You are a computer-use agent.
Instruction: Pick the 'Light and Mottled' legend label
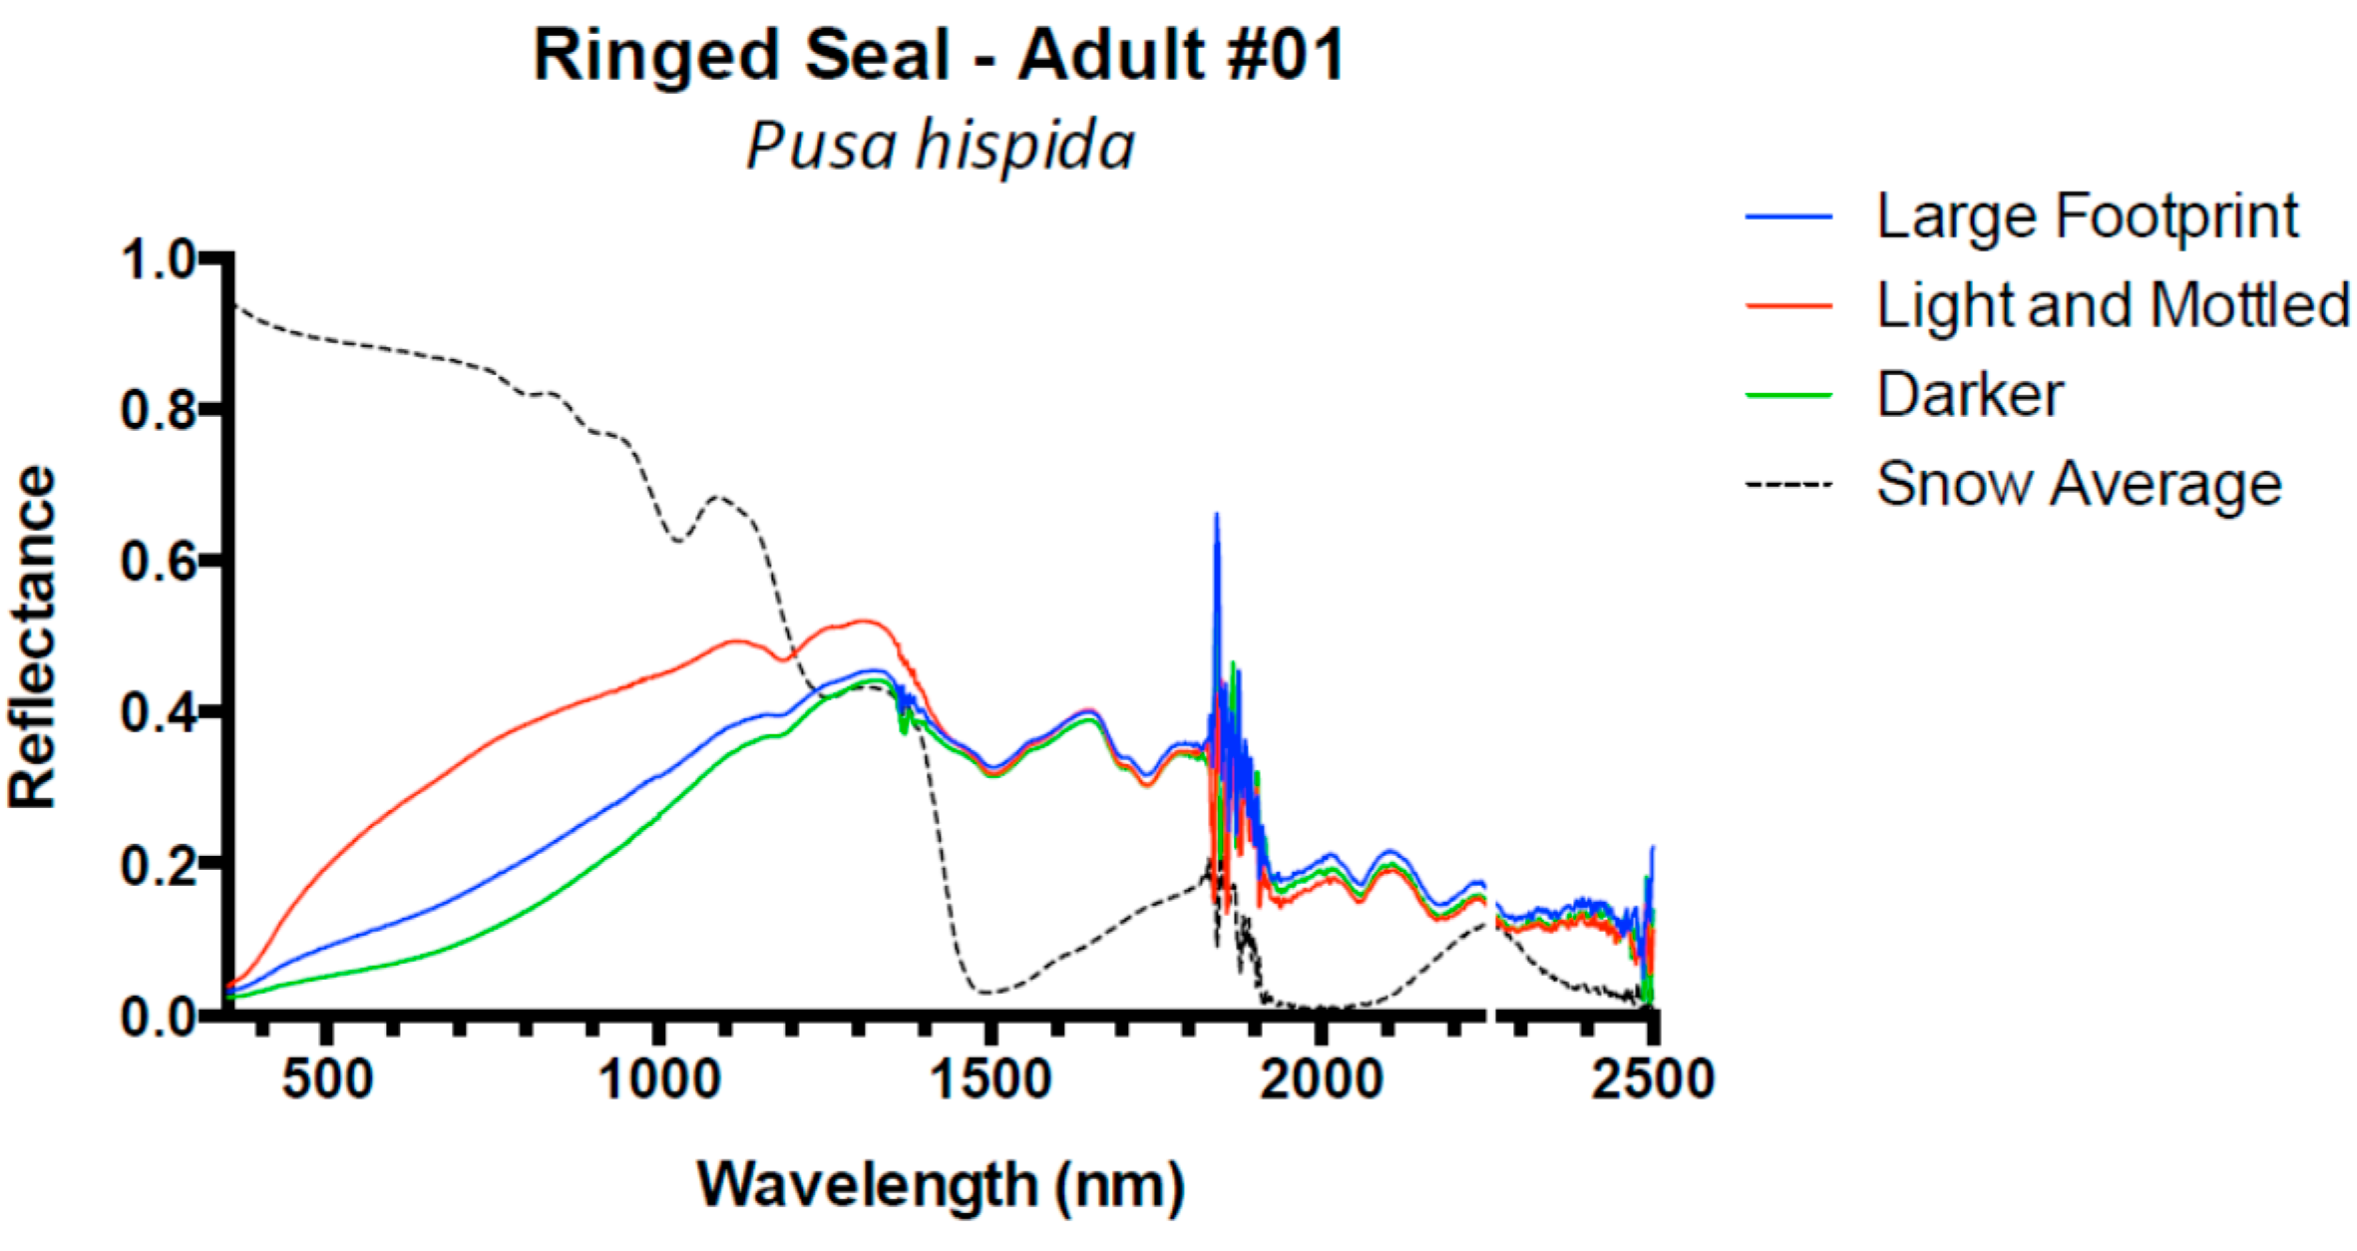(x=2113, y=304)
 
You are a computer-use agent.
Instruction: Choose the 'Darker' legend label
(x=1970, y=394)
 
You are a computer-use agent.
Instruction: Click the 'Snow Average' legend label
(x=2079, y=484)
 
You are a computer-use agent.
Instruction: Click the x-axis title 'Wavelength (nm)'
(x=941, y=1185)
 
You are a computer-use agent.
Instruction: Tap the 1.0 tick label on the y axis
(x=158, y=260)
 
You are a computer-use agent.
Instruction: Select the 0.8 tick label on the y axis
(x=158, y=410)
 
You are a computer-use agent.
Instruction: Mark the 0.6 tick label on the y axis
(x=158, y=562)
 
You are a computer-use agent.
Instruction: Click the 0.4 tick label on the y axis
(x=158, y=713)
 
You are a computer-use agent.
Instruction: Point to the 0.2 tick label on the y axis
(x=158, y=865)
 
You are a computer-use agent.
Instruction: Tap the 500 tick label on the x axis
(x=327, y=1079)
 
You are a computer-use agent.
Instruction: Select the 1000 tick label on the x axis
(x=658, y=1079)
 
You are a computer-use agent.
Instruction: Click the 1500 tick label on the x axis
(x=990, y=1079)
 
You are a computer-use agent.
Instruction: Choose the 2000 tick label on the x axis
(x=1322, y=1079)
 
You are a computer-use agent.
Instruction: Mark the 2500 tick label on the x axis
(x=1653, y=1079)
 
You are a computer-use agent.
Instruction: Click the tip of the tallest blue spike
(x=1216, y=515)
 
